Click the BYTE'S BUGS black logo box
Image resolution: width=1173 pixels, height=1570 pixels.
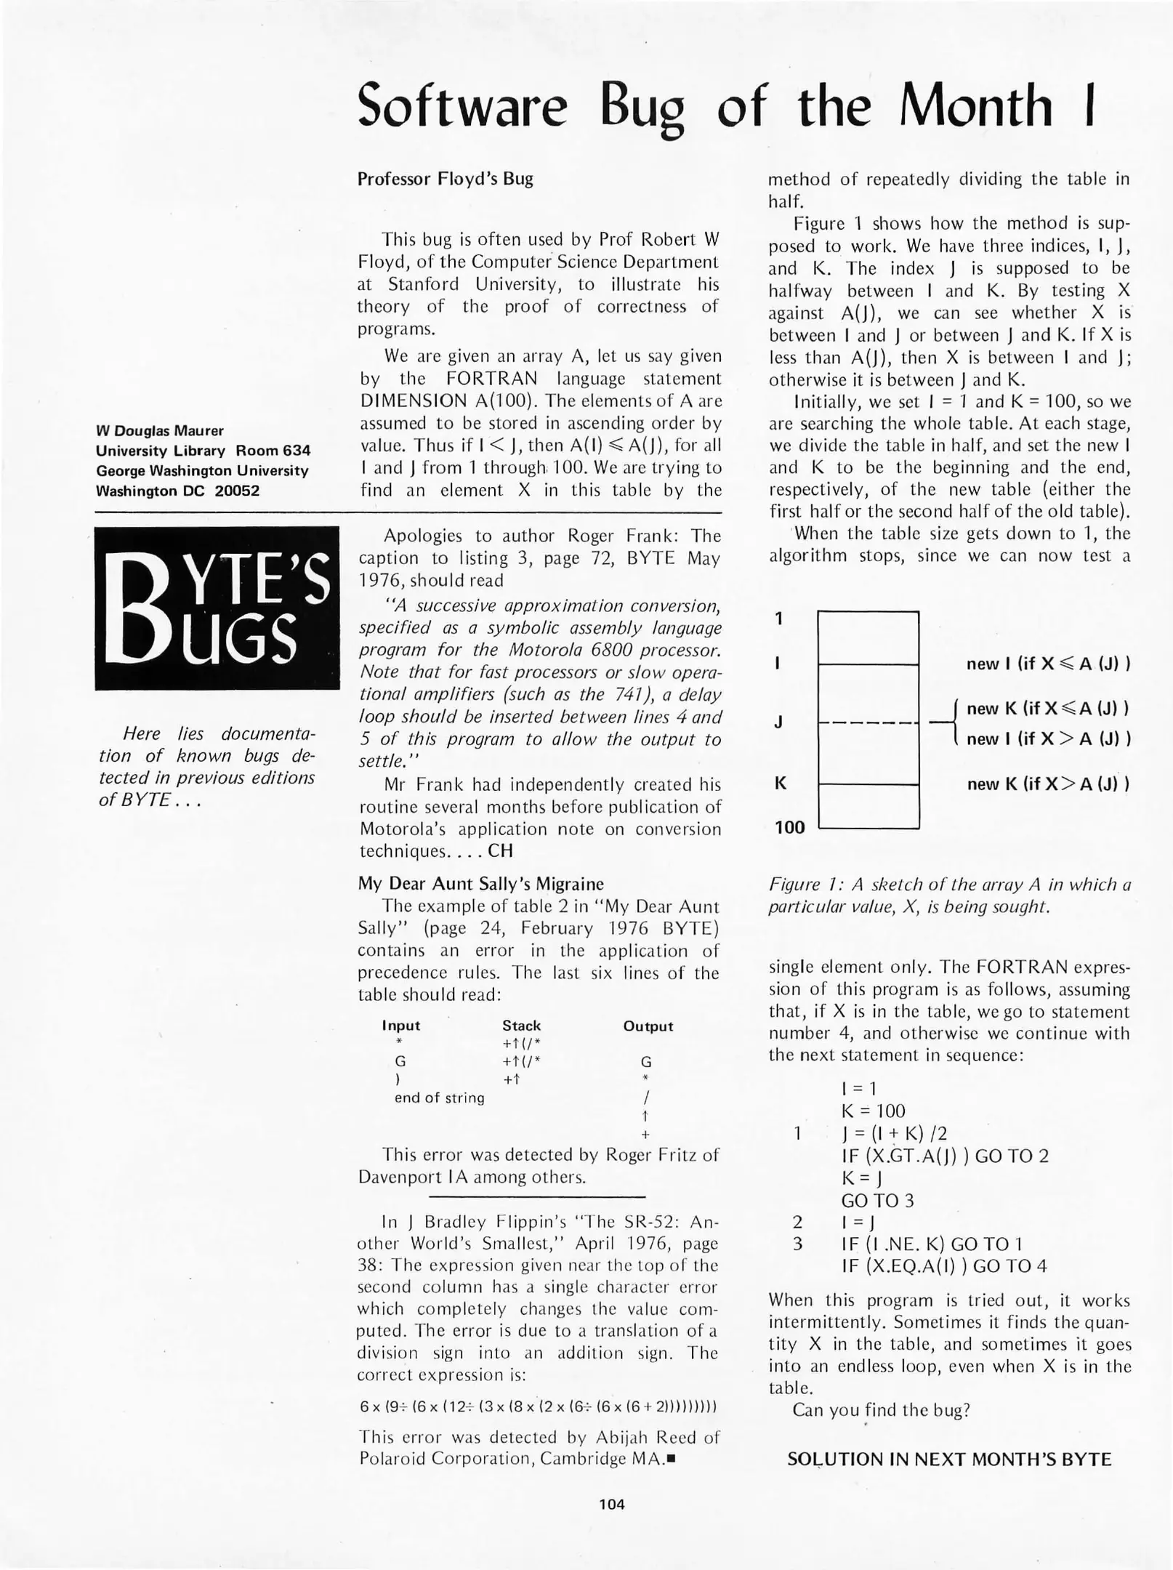(217, 608)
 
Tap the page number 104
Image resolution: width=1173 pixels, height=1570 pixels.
(612, 1504)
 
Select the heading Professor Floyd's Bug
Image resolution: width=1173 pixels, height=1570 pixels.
(445, 179)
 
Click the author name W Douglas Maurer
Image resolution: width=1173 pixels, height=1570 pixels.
(160, 430)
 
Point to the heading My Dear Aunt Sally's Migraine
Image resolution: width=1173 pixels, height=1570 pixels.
(480, 884)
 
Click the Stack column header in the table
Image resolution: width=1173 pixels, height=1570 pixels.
(521, 1026)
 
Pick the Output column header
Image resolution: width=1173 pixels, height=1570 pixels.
(648, 1026)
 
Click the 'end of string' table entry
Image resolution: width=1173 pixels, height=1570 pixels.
(439, 1098)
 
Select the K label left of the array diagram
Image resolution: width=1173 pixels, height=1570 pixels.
(780, 784)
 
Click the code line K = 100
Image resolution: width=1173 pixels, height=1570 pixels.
(873, 1111)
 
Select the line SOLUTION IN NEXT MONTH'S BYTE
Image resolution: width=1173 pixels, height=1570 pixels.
(949, 1459)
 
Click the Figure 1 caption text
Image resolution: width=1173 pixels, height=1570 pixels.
(949, 895)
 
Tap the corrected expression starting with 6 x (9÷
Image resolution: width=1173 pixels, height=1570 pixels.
(539, 1406)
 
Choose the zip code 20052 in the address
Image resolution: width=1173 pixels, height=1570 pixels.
(237, 491)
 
